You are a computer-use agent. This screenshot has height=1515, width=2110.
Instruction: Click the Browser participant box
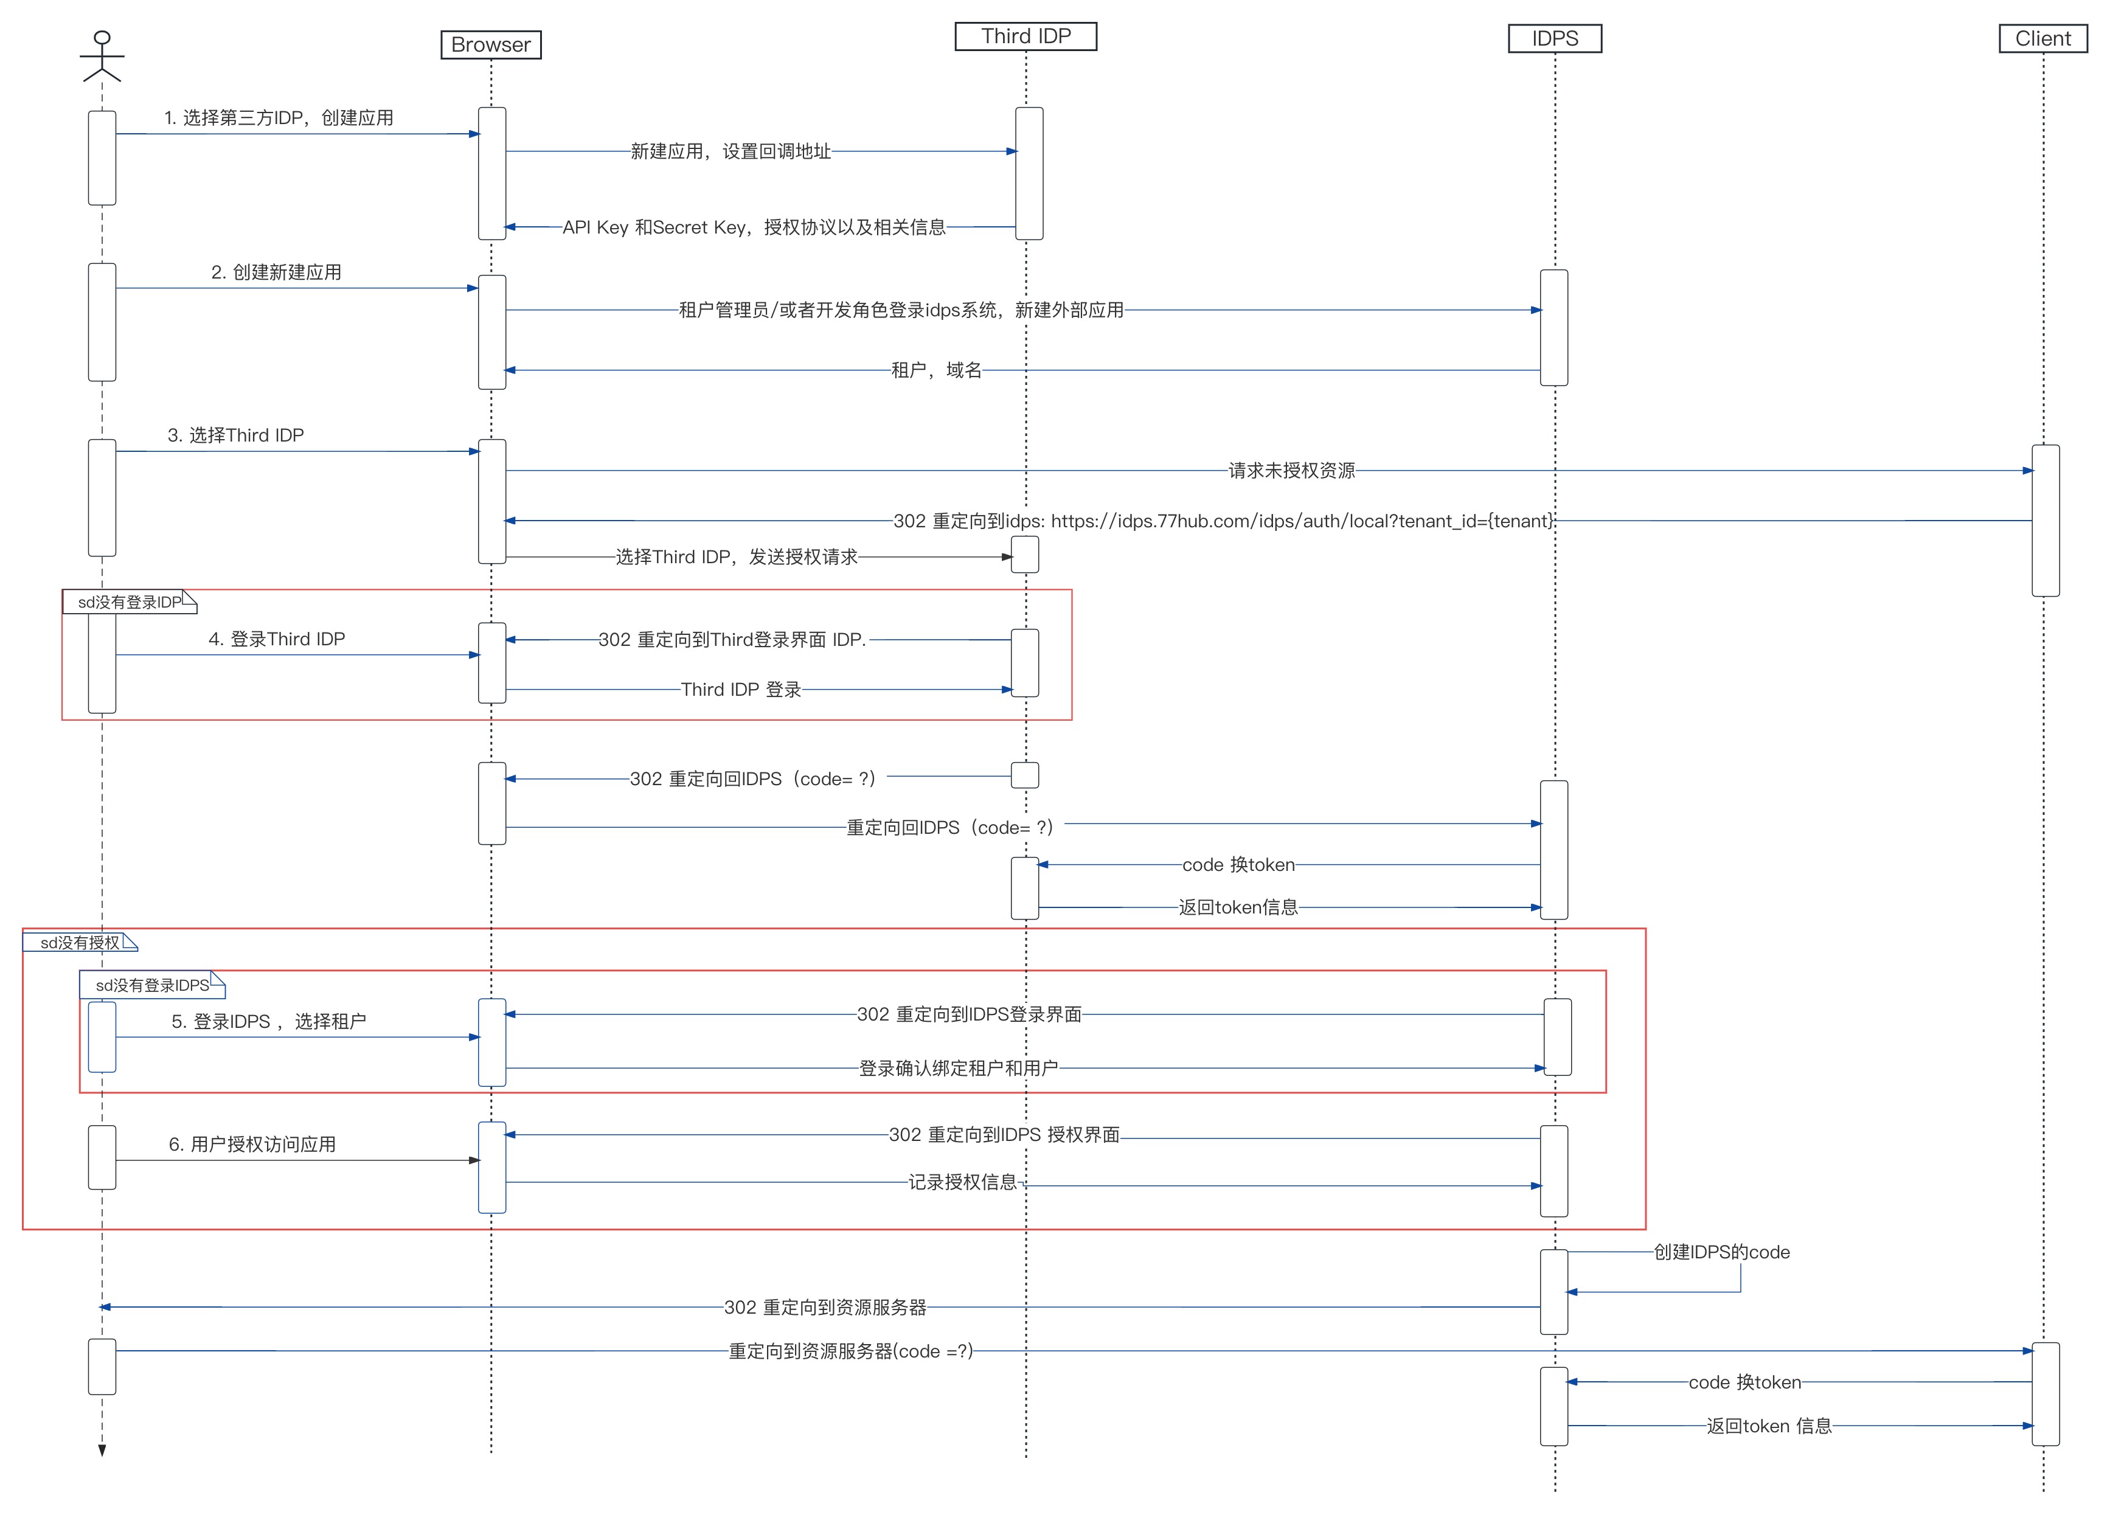click(x=490, y=44)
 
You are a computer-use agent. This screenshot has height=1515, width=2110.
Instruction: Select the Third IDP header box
click(x=1026, y=36)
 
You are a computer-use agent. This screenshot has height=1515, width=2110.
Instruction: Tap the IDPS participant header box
click(x=1555, y=39)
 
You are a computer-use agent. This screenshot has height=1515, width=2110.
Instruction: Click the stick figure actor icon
click(x=102, y=56)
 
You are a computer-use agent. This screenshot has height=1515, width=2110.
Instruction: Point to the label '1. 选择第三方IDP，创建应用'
click(x=278, y=118)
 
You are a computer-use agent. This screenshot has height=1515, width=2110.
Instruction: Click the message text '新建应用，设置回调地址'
click(x=731, y=151)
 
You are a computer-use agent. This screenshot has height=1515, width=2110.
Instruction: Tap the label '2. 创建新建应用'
click(x=276, y=272)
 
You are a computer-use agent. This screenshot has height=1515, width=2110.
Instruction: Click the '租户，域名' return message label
click(x=936, y=370)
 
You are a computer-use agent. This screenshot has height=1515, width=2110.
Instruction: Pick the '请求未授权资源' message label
click(x=1291, y=471)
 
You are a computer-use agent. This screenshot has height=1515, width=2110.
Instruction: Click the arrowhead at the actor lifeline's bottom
click(x=102, y=1450)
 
